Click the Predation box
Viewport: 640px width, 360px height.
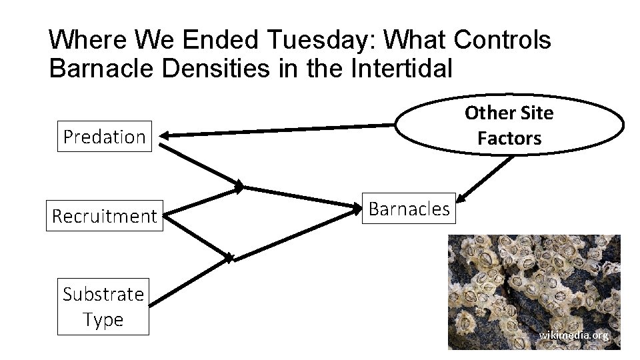[x=104, y=137]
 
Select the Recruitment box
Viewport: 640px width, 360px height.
[x=104, y=216]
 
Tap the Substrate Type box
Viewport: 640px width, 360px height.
[x=103, y=307]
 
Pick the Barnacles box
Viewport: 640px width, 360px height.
[x=409, y=209]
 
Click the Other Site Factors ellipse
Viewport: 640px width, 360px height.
[x=510, y=125]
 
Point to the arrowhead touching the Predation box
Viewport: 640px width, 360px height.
[x=163, y=136]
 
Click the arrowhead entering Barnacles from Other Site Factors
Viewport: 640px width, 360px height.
[x=463, y=196]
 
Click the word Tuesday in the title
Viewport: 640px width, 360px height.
[x=321, y=41]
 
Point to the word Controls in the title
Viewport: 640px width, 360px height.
[x=502, y=41]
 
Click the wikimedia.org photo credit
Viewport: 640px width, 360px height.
[x=573, y=335]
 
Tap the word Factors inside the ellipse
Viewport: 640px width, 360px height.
[x=509, y=139]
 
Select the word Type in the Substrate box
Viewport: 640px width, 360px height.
[x=103, y=320]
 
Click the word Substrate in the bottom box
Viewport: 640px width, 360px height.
[x=103, y=294]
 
